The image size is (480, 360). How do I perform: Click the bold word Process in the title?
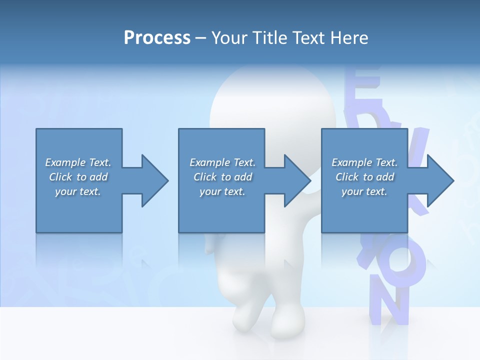(x=157, y=38)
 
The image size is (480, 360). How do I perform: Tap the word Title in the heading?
(x=271, y=38)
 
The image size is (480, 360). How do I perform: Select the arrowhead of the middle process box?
(x=297, y=180)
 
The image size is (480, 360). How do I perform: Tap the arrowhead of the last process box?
(x=439, y=180)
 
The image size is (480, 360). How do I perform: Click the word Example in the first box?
(x=65, y=162)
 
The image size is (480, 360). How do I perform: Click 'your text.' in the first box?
(x=78, y=191)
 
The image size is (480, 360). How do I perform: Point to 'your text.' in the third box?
(x=364, y=191)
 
